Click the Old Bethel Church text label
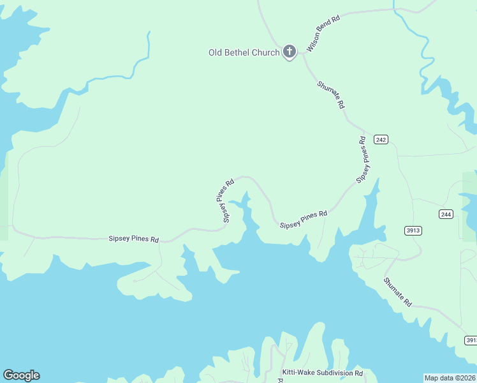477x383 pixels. click(x=244, y=52)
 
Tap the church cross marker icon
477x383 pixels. click(x=290, y=51)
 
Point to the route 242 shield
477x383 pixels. click(x=381, y=140)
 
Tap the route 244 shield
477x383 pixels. click(x=446, y=214)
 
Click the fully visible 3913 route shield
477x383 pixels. click(x=413, y=230)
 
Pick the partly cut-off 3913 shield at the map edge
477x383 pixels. click(x=471, y=340)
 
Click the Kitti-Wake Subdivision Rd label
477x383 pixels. click(x=322, y=373)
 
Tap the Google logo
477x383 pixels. click(x=21, y=375)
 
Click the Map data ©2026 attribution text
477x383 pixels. click(x=450, y=377)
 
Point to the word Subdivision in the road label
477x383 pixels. click(x=332, y=373)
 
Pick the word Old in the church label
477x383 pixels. click(x=216, y=52)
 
